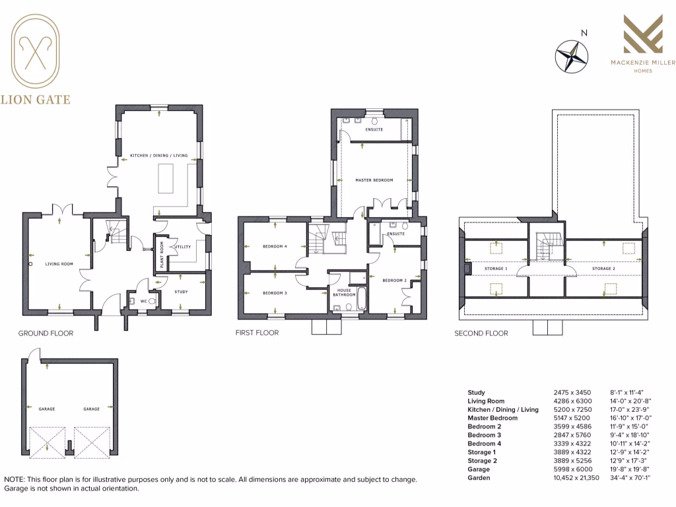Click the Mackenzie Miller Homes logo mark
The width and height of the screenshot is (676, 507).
643,36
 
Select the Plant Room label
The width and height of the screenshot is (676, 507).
161,252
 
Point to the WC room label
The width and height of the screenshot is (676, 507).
143,301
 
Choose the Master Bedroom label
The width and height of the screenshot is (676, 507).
374,180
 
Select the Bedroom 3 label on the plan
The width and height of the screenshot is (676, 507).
275,293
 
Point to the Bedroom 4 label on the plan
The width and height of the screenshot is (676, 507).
275,246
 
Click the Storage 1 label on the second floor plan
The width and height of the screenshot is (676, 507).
496,269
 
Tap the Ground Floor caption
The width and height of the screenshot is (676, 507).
46,333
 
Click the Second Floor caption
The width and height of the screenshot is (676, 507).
481,333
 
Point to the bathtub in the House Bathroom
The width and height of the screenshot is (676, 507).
362,298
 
